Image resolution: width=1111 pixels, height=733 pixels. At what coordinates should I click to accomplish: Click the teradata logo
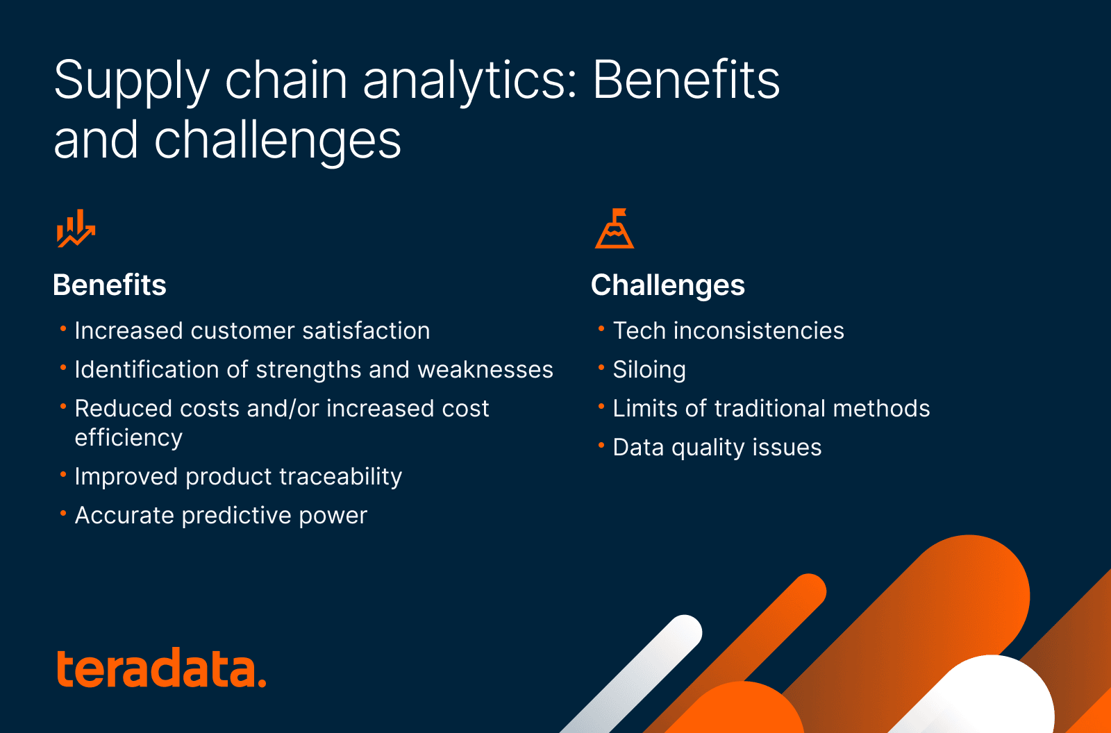coord(160,669)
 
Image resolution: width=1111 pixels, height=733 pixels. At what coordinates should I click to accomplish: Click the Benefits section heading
coord(110,285)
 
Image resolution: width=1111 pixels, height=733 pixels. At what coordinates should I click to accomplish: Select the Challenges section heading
coord(667,285)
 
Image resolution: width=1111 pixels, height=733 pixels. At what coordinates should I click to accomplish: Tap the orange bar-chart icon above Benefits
coord(75,228)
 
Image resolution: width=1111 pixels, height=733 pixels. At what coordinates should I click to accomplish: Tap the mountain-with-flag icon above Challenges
coord(615,228)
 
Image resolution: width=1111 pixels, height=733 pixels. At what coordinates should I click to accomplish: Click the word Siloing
coord(649,370)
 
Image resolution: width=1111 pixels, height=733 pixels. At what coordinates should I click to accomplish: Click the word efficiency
coord(128,438)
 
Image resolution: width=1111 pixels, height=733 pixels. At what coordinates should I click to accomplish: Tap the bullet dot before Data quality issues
coord(601,445)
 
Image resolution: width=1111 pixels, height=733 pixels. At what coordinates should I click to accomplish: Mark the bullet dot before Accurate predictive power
coord(63,513)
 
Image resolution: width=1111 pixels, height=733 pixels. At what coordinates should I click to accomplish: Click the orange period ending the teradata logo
coord(262,683)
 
